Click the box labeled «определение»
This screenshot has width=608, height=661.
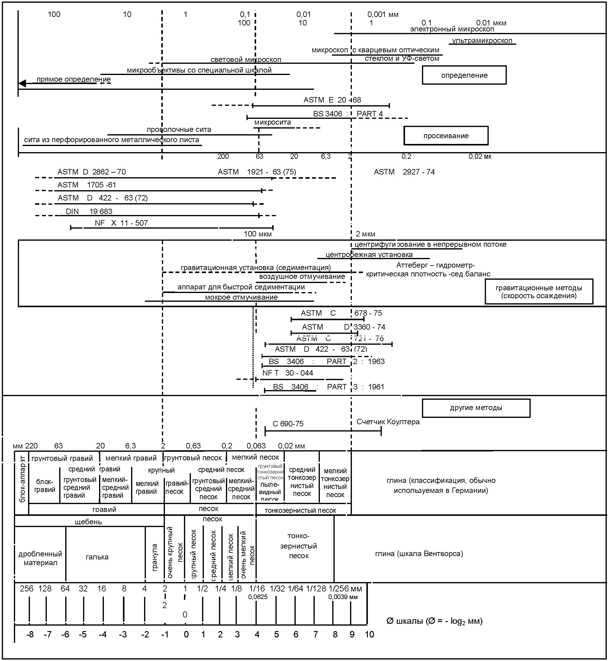point(464,75)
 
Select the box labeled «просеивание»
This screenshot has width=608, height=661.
point(446,136)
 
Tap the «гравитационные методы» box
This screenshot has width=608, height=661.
point(539,292)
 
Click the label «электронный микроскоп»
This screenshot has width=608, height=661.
point(452,29)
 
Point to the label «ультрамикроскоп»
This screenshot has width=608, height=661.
point(482,41)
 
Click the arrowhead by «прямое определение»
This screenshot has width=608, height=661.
point(22,84)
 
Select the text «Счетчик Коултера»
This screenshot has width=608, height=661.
point(388,422)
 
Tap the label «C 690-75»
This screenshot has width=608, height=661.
point(288,424)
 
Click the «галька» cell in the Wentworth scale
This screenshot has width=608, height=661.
point(97,557)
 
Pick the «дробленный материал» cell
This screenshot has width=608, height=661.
point(40,558)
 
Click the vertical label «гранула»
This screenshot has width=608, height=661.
point(155,557)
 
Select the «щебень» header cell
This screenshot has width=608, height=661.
point(88,522)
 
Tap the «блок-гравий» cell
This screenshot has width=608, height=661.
point(44,486)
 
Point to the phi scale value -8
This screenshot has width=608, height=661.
point(30,634)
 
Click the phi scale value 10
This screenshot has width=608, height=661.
point(369,634)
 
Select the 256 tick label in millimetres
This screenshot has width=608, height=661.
point(26,588)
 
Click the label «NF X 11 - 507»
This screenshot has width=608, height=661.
point(121,223)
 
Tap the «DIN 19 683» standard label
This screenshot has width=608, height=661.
point(89,211)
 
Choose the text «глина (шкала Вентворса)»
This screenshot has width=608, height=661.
point(419,554)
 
